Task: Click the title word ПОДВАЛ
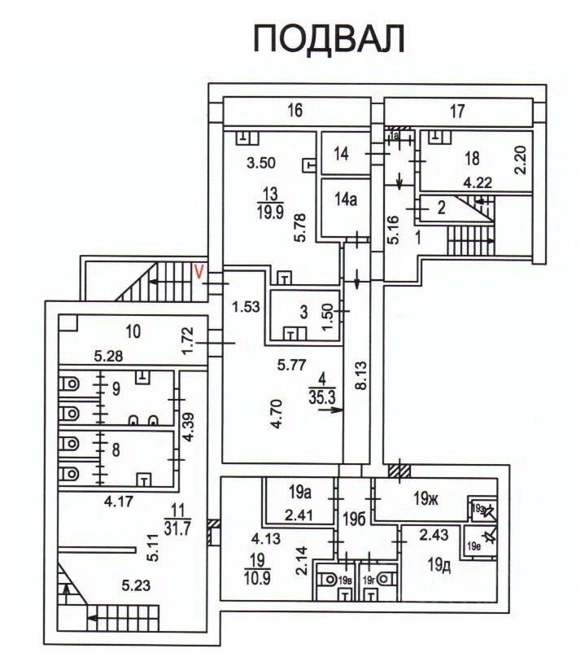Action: click(330, 38)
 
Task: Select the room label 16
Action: click(295, 111)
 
